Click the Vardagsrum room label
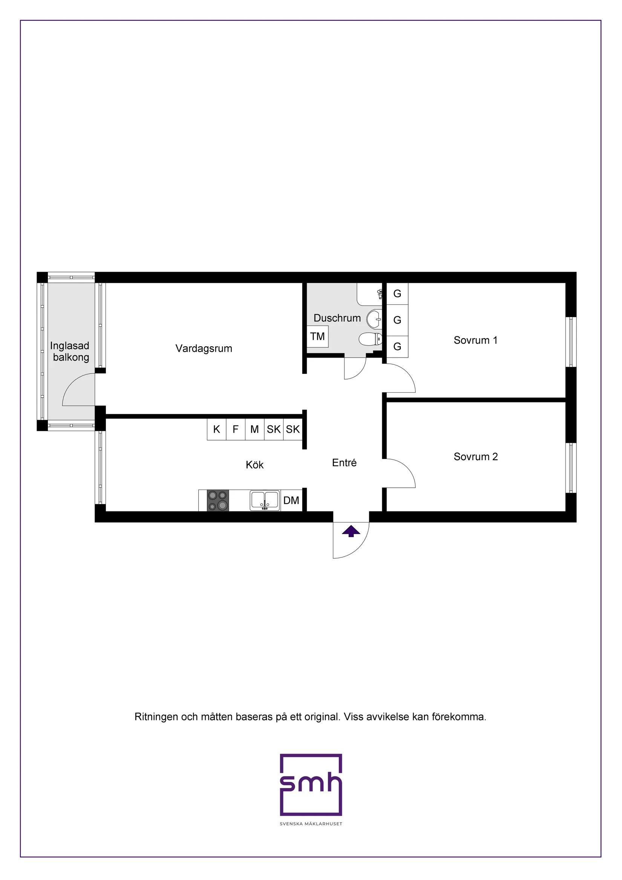tap(204, 349)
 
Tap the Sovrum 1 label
tap(475, 340)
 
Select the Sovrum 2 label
tap(475, 457)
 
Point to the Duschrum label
tap(337, 318)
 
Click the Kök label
tap(255, 465)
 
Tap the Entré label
tap(344, 463)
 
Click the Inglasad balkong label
tap(70, 352)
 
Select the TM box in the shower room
tap(317, 336)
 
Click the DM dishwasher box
tap(291, 501)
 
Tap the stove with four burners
tap(218, 501)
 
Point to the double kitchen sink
tap(265, 500)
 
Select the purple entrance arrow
tap(351, 531)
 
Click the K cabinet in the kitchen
tap(216, 430)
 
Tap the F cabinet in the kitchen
tap(236, 430)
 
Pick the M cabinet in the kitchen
tap(254, 430)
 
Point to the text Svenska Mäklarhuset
tap(311, 824)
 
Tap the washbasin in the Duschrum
tap(374, 318)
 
